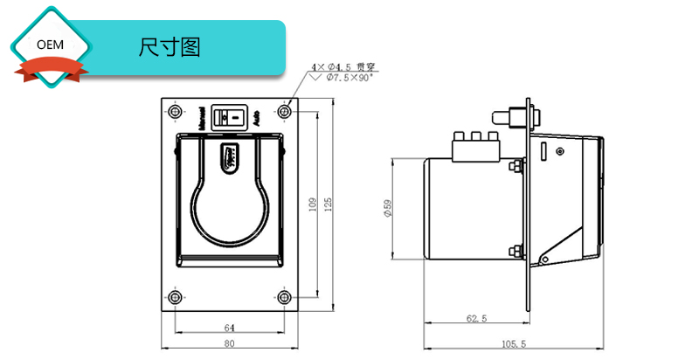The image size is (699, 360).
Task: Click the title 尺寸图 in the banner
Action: [170, 47]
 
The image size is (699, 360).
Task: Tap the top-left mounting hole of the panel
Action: [176, 112]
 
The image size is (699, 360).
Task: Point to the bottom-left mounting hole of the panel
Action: [176, 298]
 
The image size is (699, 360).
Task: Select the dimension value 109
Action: [313, 204]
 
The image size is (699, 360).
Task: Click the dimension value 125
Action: [329, 204]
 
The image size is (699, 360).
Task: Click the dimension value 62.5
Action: [476, 319]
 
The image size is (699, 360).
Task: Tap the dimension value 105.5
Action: [516, 344]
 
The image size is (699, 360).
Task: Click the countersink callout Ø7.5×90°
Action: [349, 78]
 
